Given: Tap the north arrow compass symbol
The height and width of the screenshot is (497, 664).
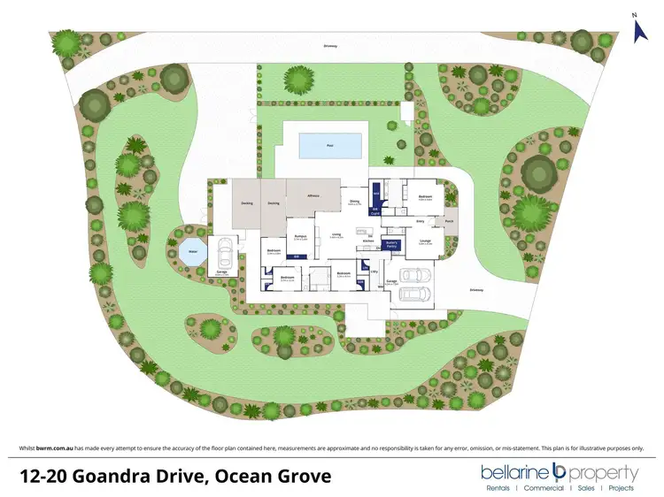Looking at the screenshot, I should coord(641,28).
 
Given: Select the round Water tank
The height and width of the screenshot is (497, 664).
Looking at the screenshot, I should coord(189,251).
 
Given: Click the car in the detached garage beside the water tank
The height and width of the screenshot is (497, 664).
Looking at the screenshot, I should coord(224,254).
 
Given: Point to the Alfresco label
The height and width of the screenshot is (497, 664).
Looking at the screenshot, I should coord(313,195).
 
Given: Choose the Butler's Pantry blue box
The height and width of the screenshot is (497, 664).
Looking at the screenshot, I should coord(393,245).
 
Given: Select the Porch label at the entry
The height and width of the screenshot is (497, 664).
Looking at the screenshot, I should coord(449,221).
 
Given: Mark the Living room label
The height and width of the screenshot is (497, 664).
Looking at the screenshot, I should coord(336,234).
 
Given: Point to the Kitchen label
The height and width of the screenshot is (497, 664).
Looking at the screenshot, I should coord(369,240).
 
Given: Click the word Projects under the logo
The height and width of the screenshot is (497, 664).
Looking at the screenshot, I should coord(622,487).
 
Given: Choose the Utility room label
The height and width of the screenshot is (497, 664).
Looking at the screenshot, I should coord(374,272).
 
